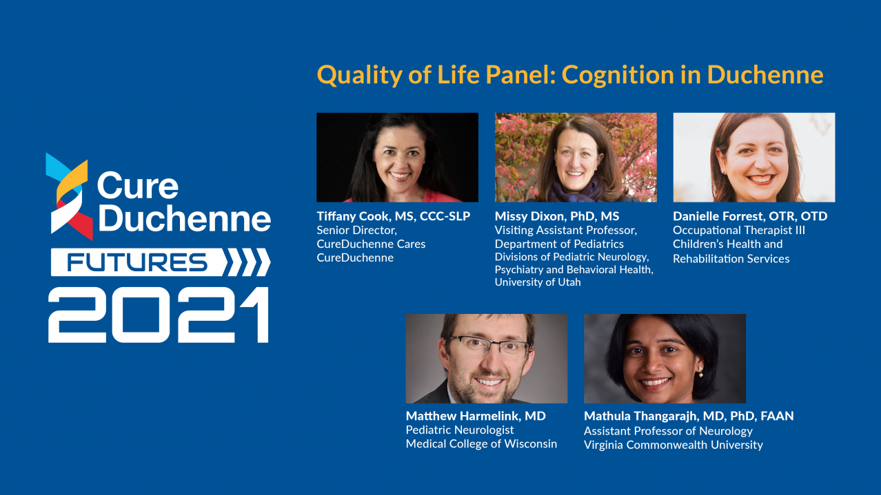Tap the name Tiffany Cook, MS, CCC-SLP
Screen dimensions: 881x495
(x=394, y=216)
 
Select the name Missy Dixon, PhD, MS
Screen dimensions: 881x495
(x=557, y=216)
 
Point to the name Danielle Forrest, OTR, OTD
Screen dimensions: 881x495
(x=750, y=216)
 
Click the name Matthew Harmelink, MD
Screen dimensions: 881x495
(x=476, y=416)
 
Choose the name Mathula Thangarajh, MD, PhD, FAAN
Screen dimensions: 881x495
(x=689, y=416)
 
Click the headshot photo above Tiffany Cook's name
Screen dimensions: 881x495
(x=397, y=158)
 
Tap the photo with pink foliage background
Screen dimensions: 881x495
(x=576, y=158)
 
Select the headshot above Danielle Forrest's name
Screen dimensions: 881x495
(x=754, y=158)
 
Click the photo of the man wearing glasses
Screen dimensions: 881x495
(x=487, y=358)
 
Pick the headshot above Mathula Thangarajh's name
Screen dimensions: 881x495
(x=665, y=358)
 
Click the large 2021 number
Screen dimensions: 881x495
(x=159, y=315)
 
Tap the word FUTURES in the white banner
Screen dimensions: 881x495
(x=137, y=262)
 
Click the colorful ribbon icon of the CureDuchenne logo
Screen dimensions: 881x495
(x=70, y=196)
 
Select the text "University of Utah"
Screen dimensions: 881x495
(x=538, y=282)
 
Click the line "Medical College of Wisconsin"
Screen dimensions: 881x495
(x=481, y=443)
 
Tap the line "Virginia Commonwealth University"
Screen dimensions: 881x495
(x=674, y=445)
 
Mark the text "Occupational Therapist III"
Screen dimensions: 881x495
(x=739, y=230)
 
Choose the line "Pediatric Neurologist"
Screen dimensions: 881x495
(x=460, y=430)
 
